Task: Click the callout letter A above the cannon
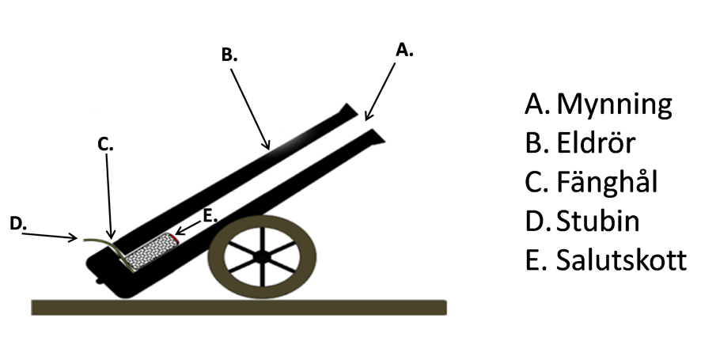tap(404, 50)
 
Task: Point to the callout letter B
tap(229, 55)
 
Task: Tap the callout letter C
tap(105, 144)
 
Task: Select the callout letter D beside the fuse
tap(17, 224)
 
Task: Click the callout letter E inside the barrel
tap(210, 215)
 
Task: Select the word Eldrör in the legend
tap(596, 142)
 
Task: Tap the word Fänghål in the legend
tap(607, 181)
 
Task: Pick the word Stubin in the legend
tap(597, 221)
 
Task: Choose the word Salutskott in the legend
tap(621, 260)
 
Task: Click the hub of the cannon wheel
tap(262, 257)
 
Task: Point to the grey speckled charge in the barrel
tap(150, 252)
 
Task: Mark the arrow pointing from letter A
tap(380, 92)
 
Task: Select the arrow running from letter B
tap(250, 109)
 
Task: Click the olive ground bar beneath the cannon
tap(239, 308)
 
